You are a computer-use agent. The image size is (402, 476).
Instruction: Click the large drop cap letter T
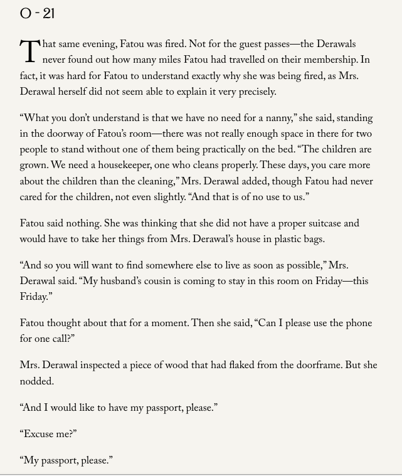coord(29,52)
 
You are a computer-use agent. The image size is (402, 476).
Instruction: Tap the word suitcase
coord(323,223)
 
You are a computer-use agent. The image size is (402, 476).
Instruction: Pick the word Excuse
coord(42,433)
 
